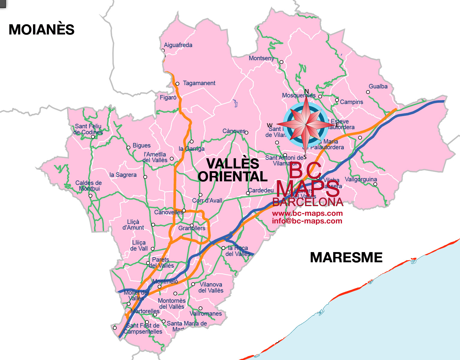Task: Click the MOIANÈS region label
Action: (41, 30)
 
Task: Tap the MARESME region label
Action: (346, 257)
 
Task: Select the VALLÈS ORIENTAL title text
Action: (233, 170)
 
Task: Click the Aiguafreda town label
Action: (178, 45)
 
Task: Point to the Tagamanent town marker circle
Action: (177, 84)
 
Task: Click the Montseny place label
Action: (261, 58)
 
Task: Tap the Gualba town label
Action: (378, 86)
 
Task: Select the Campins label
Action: (351, 102)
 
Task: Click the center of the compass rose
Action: (306, 123)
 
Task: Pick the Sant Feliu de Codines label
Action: (88, 129)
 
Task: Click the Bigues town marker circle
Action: (128, 147)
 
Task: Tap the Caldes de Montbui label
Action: (89, 186)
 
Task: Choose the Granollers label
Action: (192, 228)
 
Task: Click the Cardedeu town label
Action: (261, 190)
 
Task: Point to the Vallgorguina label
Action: (361, 179)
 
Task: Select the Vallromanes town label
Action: (206, 314)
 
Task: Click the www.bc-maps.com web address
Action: (307, 213)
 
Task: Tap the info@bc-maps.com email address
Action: (307, 221)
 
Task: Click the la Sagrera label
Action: (123, 175)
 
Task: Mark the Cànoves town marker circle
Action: (246, 132)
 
